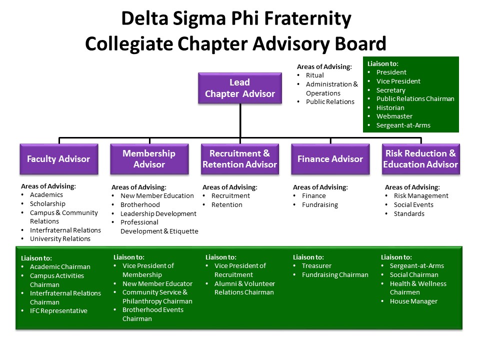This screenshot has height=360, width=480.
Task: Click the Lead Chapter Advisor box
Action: point(239,88)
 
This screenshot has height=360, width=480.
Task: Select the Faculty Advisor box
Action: point(58,159)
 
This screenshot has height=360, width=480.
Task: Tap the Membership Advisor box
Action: point(149,159)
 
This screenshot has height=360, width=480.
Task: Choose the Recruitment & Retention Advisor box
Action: point(239,159)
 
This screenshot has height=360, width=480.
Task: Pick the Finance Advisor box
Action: point(330,159)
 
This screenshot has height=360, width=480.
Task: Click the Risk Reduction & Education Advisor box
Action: point(420,159)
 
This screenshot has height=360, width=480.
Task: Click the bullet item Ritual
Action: point(314,75)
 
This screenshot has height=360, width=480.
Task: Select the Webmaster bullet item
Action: point(394,116)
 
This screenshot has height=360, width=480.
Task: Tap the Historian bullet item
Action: point(390,107)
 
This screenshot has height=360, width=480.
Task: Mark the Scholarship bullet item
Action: point(47,204)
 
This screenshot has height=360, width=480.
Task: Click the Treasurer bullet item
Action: point(316,266)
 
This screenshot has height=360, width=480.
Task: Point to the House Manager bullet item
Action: point(413,301)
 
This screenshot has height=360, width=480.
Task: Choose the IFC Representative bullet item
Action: point(58,311)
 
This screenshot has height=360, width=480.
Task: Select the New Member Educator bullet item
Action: point(157,284)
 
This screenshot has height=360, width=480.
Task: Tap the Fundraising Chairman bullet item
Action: point(334,275)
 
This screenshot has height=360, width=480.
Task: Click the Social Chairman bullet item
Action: point(413,275)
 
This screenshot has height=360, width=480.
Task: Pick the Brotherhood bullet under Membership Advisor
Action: point(140,205)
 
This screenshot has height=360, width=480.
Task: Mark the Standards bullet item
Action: point(409,214)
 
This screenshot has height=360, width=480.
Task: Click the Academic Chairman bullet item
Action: point(60,267)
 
